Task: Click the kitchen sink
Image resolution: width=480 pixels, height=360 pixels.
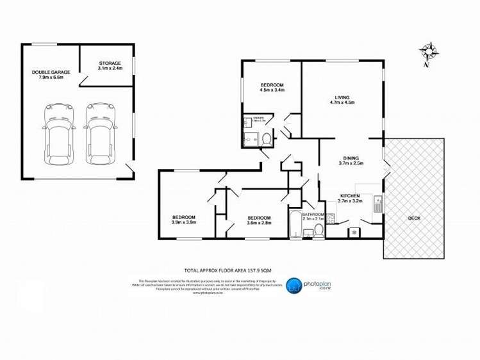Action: coord(377,204)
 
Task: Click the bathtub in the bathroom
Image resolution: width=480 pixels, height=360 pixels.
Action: coord(295,224)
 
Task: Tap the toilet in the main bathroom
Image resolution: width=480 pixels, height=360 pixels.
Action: coord(315,233)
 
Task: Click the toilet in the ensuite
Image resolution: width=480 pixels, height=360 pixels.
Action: coord(267,138)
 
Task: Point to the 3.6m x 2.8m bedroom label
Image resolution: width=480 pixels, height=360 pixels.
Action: coord(259,220)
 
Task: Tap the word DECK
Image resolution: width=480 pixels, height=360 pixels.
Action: coord(414,218)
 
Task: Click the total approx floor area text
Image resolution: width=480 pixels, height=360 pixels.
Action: coord(232,271)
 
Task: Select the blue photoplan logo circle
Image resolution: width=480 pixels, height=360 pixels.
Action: coord(294,286)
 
